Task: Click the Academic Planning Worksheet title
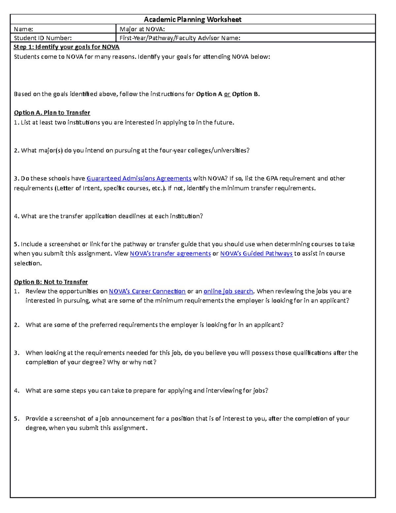192,19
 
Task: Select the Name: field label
23,29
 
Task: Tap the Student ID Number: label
43,38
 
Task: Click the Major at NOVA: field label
142,29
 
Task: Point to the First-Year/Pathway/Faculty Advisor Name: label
180,38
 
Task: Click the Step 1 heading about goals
66,47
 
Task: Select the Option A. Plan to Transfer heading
52,113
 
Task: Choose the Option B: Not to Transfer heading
51,282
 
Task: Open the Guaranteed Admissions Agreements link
139,178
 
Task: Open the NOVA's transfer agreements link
170,253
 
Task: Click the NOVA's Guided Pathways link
256,253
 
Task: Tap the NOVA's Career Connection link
147,291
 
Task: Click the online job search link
228,291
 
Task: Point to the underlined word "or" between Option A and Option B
227,94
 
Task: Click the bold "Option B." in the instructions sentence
246,94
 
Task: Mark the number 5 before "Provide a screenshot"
16,419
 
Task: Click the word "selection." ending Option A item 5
28,263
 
